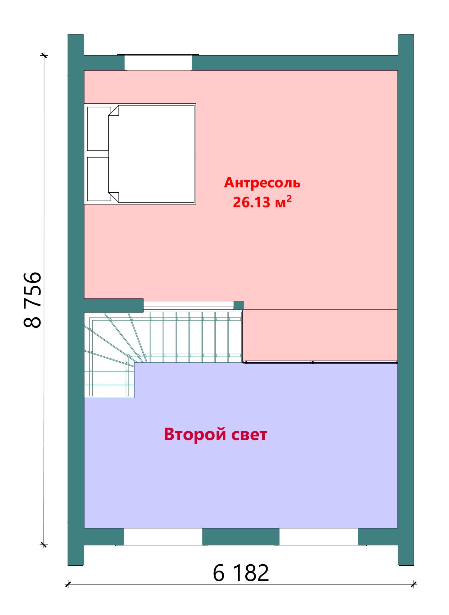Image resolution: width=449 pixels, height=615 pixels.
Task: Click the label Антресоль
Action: (x=262, y=183)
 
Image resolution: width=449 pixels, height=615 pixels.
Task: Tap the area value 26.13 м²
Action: (x=262, y=202)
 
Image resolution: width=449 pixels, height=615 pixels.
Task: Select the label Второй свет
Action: (x=215, y=434)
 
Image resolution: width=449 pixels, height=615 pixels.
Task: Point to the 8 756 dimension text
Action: (x=33, y=300)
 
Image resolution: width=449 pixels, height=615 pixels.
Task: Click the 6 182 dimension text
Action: (x=241, y=572)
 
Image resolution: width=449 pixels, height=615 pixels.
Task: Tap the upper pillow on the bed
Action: (x=98, y=128)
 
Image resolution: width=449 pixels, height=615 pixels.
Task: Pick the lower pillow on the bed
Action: (x=98, y=179)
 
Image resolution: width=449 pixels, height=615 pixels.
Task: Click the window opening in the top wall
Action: (x=158, y=62)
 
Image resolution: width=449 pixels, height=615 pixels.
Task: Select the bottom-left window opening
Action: (x=163, y=537)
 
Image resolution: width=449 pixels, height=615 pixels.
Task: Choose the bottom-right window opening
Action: (x=318, y=537)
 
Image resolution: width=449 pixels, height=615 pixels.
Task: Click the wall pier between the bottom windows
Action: (x=241, y=537)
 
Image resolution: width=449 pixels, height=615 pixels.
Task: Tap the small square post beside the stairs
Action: (x=239, y=306)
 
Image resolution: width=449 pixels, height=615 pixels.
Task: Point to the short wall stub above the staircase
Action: (x=114, y=305)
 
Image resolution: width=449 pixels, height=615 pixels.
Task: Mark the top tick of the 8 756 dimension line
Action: (x=44, y=55)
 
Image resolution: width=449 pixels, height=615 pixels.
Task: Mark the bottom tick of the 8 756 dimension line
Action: (x=44, y=545)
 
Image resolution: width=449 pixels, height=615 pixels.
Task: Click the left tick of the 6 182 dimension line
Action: (x=68, y=584)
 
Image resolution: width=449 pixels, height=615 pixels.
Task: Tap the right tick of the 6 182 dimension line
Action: (x=414, y=584)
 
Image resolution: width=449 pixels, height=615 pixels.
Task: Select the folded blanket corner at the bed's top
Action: (x=114, y=111)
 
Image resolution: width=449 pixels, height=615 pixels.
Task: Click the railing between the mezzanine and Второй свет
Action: (x=320, y=362)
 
